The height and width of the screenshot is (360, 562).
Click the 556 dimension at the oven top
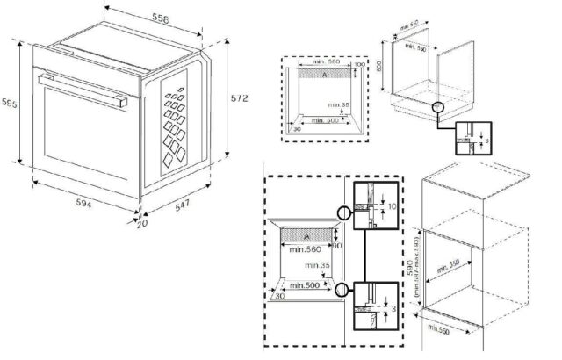[x=159, y=18]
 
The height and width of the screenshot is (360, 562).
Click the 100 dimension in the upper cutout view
[x=360, y=64]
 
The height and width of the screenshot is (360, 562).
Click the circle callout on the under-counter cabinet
[x=439, y=106]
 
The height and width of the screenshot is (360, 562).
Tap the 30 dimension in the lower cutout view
[x=280, y=296]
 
